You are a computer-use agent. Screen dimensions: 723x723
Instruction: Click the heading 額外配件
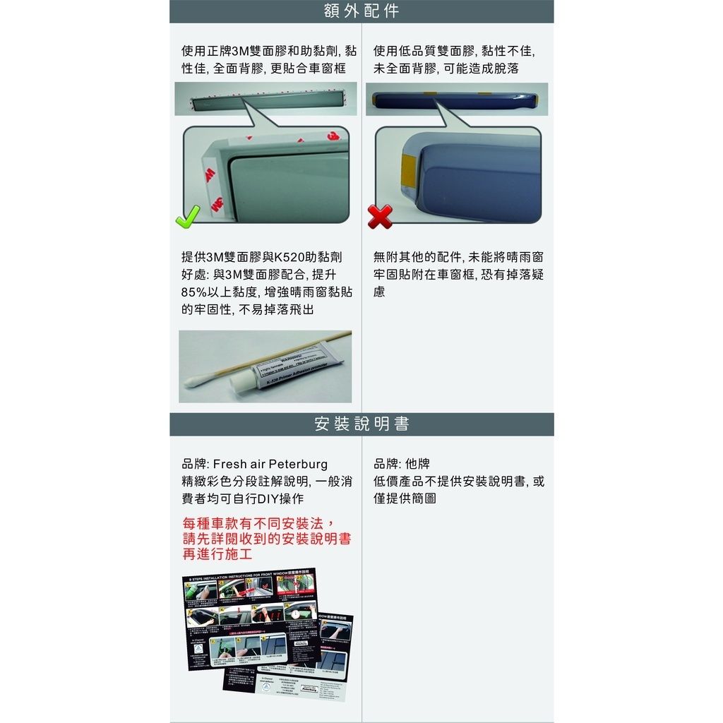[361, 11]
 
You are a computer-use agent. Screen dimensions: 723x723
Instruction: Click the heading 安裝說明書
[361, 424]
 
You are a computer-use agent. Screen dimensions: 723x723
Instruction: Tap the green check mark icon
[188, 216]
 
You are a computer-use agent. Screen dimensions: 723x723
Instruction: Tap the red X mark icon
[380, 217]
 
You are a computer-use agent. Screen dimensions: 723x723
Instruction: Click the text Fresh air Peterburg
[270, 465]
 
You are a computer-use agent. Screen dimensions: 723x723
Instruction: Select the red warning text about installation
[266, 539]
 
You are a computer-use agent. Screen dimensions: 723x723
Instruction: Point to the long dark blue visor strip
[456, 98]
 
